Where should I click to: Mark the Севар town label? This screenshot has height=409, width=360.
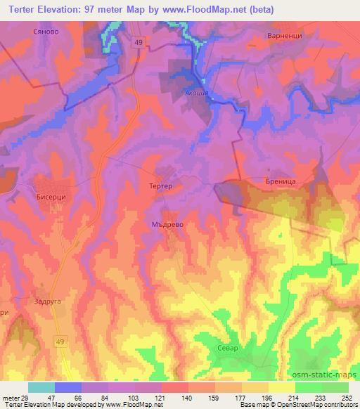click(x=227, y=348)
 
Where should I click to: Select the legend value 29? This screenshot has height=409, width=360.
click(x=28, y=398)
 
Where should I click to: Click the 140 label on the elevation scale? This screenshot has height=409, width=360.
click(x=188, y=398)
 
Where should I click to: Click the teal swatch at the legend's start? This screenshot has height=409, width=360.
click(x=41, y=387)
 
